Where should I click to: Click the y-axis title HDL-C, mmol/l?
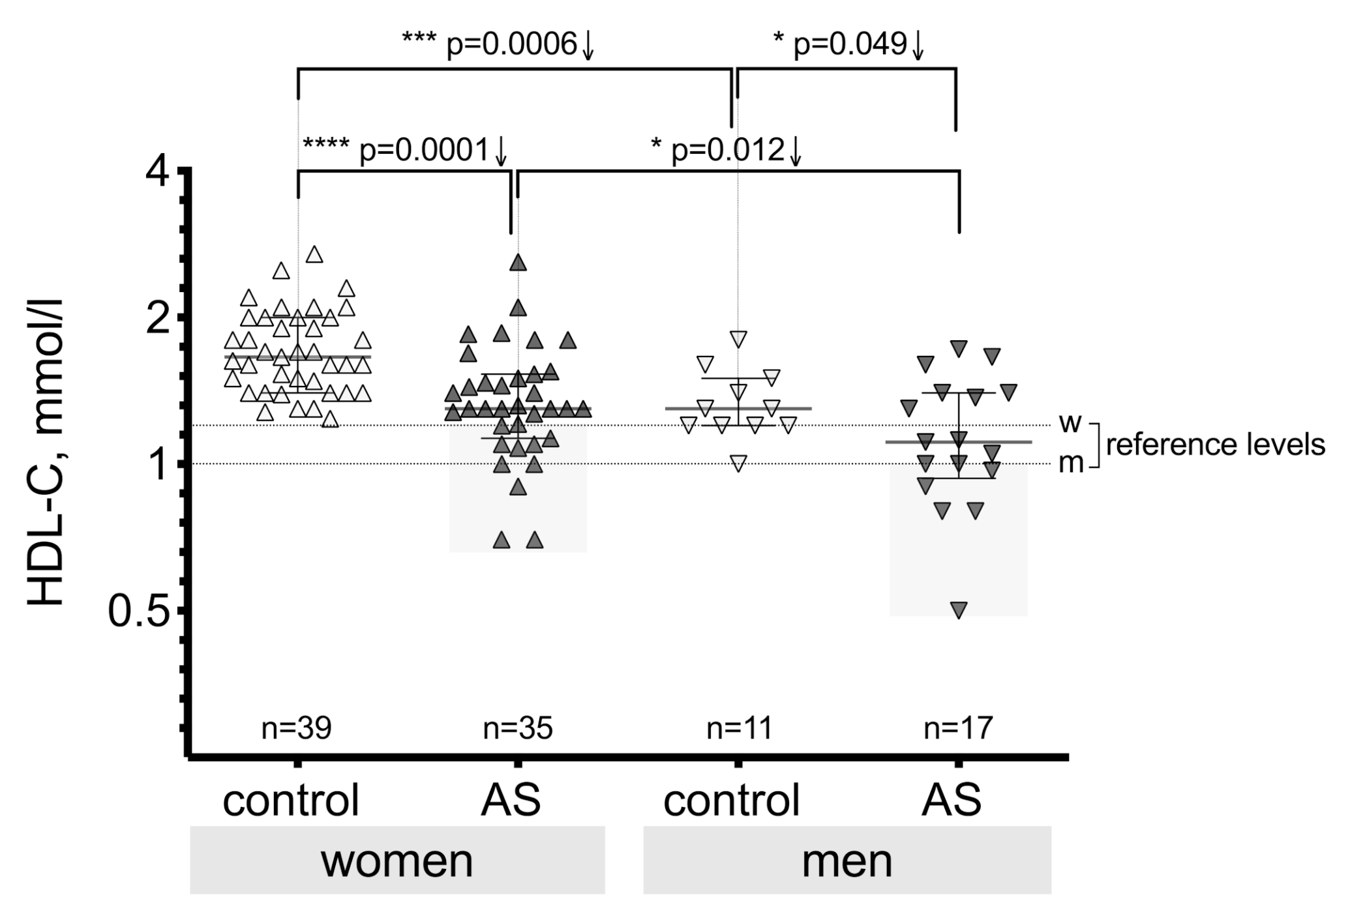[x=46, y=452]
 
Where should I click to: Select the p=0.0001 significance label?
[x=405, y=151]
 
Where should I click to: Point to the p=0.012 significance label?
[x=727, y=151]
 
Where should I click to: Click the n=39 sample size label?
[x=297, y=727]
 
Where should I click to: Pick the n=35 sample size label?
[x=518, y=727]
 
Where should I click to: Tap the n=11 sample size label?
[x=739, y=727]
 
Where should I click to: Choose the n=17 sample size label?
[x=958, y=727]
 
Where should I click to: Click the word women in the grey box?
[x=397, y=861]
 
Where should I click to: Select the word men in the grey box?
[x=847, y=861]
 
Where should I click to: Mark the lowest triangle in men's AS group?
[x=959, y=609]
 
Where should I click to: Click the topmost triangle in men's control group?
[x=738, y=338]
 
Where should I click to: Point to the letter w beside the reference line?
[x=1070, y=423]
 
